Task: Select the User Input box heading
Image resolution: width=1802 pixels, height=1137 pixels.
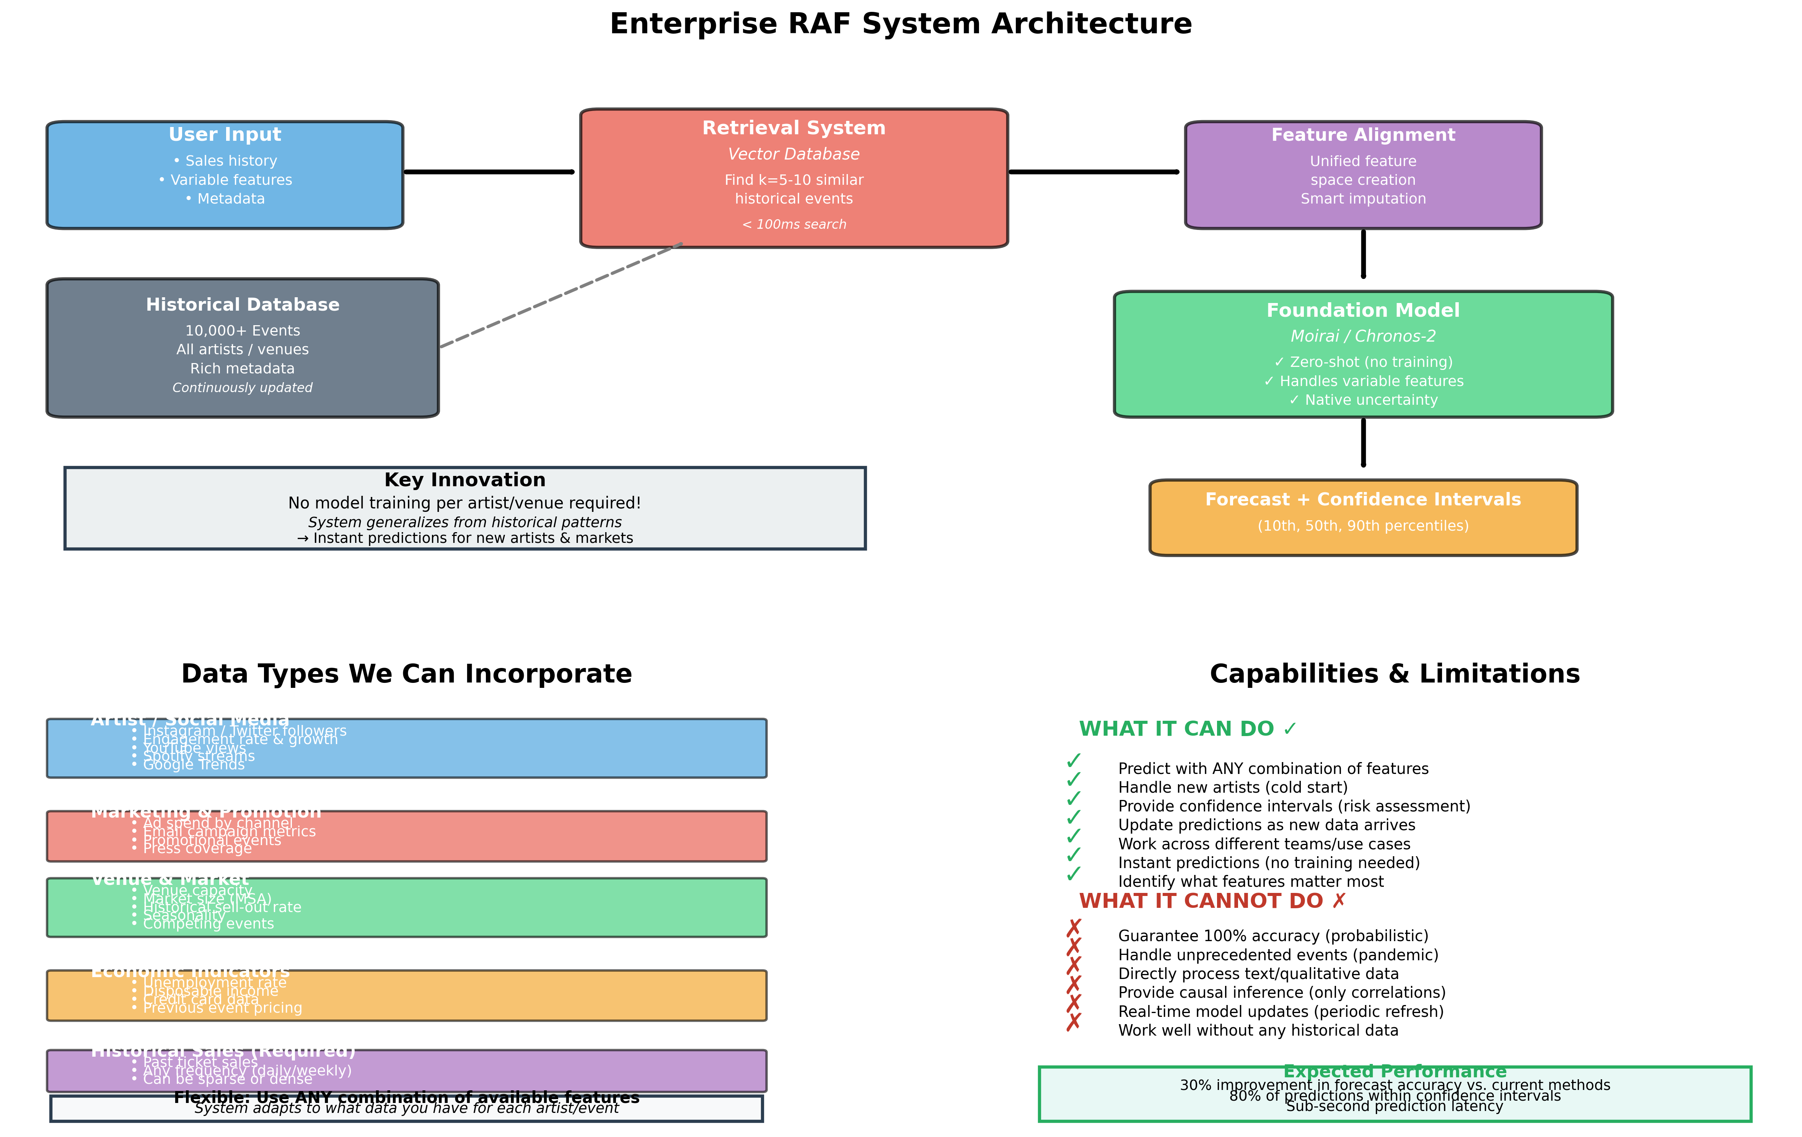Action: [x=225, y=135]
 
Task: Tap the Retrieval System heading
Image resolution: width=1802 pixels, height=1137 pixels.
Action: [x=793, y=128]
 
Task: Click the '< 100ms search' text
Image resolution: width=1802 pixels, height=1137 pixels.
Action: [x=793, y=225]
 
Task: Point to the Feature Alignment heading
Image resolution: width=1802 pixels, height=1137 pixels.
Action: [x=1363, y=135]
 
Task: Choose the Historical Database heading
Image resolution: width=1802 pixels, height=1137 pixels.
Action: [x=243, y=305]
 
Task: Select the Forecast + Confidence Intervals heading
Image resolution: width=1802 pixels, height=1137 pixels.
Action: [x=1363, y=499]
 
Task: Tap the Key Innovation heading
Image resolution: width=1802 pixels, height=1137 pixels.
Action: [x=465, y=480]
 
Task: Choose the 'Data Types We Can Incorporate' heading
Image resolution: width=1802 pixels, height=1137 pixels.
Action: [x=406, y=674]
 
